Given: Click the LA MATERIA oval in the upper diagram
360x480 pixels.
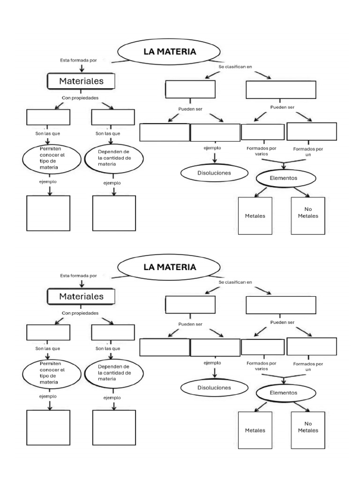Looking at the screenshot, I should pos(170,52).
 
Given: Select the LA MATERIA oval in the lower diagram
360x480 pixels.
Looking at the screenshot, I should pos(170,268).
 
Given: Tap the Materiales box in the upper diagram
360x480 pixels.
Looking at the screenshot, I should pos(81,81).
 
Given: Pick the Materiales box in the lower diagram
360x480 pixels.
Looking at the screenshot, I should pos(81,297).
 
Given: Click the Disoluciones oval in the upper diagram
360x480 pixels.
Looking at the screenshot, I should pos(208,172).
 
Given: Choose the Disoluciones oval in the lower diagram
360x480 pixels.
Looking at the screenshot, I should pos(208,388).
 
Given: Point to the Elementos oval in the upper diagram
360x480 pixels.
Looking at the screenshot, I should pos(284,178).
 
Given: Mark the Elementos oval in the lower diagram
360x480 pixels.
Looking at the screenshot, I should pos(284,393).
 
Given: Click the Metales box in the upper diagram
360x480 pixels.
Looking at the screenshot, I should pos(255,216).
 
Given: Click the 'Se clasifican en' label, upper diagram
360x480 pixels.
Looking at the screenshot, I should pos(235,67).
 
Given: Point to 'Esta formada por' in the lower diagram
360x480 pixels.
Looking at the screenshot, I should pos(78,276).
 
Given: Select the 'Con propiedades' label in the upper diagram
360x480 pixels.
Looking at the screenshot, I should pos(80,98).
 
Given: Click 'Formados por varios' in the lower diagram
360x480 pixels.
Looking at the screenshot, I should pos(262,366).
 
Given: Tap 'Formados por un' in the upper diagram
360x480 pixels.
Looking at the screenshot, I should pos(308,151).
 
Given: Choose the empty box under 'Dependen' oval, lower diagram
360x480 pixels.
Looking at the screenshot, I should pos(114,427).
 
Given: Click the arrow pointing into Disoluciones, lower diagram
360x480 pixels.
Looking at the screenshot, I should pos(215,373).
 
